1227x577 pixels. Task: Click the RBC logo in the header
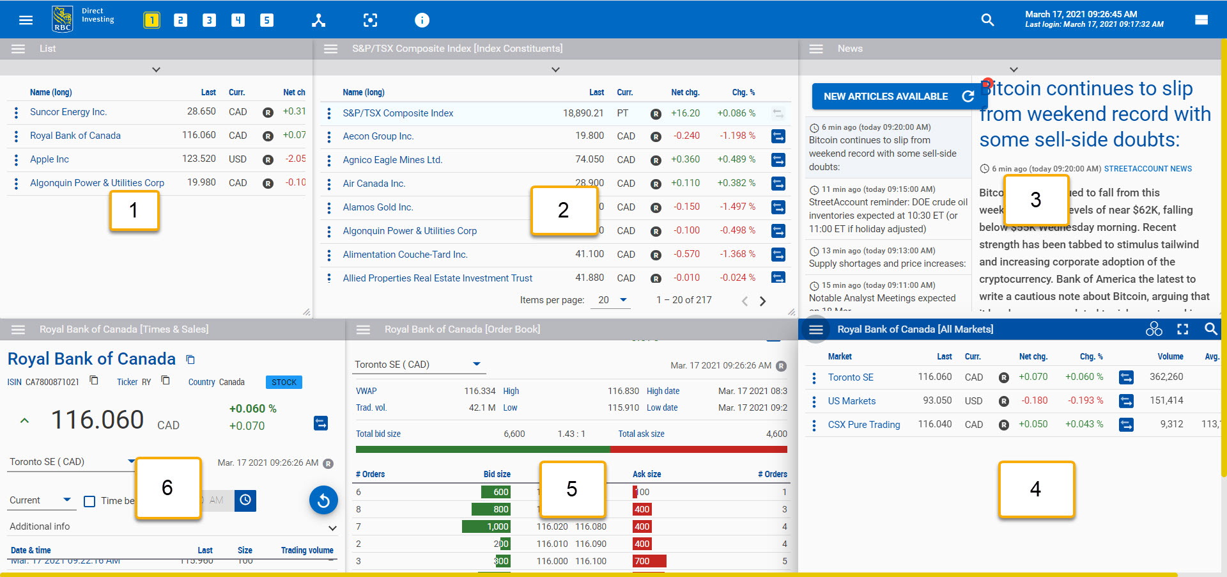[62, 19]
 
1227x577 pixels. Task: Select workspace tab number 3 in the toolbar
[209, 20]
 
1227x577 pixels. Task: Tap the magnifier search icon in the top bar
[987, 20]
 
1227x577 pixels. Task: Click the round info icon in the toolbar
[422, 20]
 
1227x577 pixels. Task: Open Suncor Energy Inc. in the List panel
[68, 112]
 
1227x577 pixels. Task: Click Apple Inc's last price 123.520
[199, 159]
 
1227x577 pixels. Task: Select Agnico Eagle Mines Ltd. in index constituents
[392, 160]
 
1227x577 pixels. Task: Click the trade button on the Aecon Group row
[778, 136]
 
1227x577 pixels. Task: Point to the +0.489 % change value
[736, 159]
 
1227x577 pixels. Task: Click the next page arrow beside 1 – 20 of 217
[762, 301]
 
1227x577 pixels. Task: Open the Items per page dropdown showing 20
[612, 300]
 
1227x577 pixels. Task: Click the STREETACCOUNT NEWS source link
[1147, 169]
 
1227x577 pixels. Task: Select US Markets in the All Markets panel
[851, 401]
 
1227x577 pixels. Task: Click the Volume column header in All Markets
[1169, 356]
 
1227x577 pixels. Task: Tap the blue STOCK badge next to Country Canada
[284, 382]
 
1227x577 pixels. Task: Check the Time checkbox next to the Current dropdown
[89, 501]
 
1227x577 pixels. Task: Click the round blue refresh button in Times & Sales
[323, 500]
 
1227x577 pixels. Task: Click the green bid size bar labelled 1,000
[486, 526]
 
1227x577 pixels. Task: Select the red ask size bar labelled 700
[649, 561]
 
